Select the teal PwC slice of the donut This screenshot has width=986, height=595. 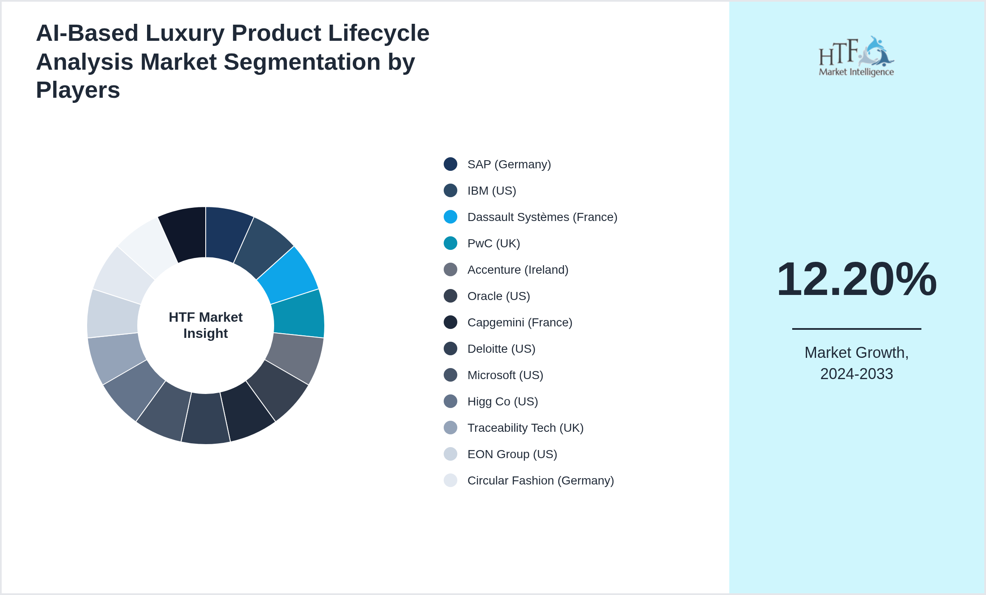pos(298,314)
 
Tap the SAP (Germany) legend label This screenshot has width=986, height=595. pos(509,164)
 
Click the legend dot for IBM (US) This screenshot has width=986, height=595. pos(450,190)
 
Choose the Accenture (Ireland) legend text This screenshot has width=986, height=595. pos(517,270)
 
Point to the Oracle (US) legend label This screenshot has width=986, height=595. pos(498,296)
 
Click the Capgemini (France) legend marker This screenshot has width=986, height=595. pos(450,322)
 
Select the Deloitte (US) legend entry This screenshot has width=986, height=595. pos(501,349)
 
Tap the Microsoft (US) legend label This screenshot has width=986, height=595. pos(505,375)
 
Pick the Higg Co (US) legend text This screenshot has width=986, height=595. pos(502,402)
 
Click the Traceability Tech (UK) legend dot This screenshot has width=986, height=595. pos(450,428)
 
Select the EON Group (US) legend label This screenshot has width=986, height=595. pos(512,454)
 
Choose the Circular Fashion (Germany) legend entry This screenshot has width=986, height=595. pos(540,481)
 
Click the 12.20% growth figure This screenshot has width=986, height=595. pos(856,279)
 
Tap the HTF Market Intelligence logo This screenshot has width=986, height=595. pos(856,57)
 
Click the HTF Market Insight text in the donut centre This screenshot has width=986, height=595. pos(206,325)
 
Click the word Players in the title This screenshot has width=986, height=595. pos(78,90)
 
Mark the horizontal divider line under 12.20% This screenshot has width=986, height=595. pos(856,329)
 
